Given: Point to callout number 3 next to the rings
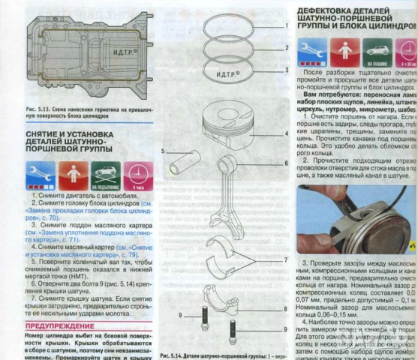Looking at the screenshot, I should [287, 69].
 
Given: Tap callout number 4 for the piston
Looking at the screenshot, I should [287, 133].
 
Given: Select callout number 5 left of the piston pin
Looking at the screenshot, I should [162, 152].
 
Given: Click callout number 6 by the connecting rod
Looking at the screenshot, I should [287, 162].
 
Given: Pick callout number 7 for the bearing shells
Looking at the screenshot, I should [287, 259].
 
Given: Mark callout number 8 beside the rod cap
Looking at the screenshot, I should [287, 308].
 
